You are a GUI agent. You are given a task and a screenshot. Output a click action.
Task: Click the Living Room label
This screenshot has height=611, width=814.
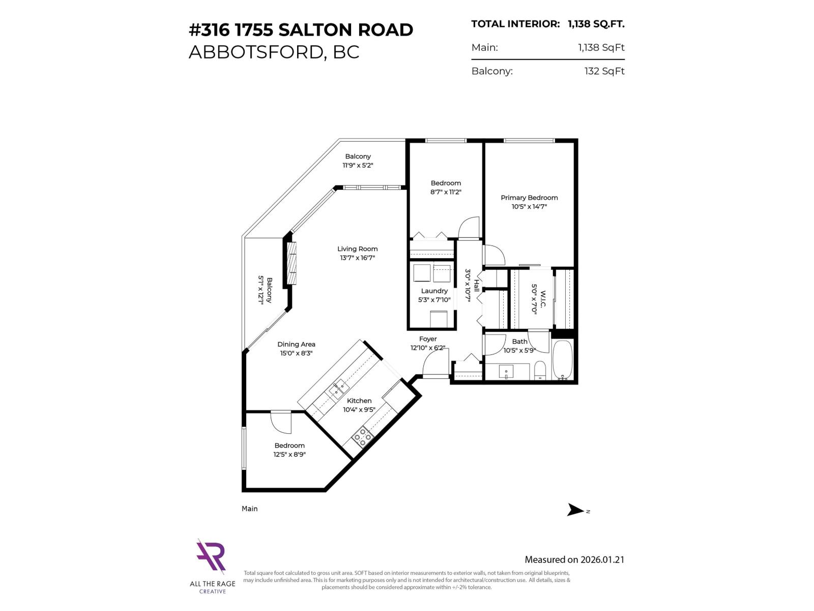357,249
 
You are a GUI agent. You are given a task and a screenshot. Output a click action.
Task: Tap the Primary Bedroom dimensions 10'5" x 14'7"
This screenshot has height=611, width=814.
529,207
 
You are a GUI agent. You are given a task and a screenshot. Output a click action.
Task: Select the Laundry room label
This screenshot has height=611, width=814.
434,291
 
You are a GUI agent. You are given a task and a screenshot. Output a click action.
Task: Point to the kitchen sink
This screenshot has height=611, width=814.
337,390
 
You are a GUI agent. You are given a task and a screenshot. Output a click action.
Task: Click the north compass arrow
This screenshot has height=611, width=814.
576,510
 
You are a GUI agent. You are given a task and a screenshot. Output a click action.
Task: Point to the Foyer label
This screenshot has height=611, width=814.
428,339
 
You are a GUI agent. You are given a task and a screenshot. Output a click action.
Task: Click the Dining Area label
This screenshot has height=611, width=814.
296,344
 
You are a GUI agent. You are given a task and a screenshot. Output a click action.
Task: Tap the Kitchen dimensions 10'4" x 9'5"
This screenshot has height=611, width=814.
359,409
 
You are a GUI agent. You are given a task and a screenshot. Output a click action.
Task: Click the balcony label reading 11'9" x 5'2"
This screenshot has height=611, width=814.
358,165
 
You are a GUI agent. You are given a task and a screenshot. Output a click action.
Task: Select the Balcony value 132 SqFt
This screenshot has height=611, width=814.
604,71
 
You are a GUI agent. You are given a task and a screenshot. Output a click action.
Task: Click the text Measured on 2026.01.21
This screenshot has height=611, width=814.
574,560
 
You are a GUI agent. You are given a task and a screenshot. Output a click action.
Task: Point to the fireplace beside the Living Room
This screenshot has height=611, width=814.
292,263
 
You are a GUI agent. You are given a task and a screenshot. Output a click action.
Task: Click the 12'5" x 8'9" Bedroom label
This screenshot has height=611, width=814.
289,455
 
